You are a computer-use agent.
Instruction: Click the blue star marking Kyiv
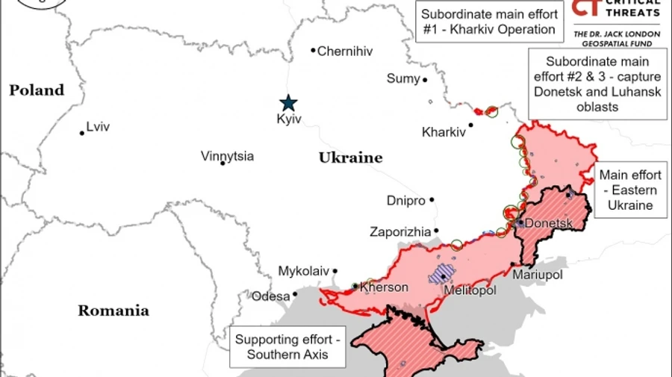click(288, 103)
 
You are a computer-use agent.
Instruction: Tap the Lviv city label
click(98, 127)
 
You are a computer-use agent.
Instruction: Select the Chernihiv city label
click(344, 52)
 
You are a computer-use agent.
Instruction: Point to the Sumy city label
click(403, 79)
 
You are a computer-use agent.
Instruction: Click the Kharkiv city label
click(444, 132)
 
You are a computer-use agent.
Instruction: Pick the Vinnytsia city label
click(227, 156)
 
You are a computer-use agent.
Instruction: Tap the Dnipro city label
click(406, 201)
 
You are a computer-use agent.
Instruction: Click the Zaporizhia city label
click(400, 232)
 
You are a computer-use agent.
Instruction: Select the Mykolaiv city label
click(303, 271)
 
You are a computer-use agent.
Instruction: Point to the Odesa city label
click(270, 296)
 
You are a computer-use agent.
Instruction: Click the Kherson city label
click(384, 287)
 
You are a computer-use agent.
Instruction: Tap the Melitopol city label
click(470, 290)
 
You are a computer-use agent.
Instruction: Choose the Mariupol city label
click(538, 275)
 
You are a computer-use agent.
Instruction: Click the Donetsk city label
click(549, 223)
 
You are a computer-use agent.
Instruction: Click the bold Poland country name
click(37, 90)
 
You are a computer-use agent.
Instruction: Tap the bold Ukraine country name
click(350, 158)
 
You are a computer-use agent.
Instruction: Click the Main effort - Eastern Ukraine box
click(630, 190)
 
